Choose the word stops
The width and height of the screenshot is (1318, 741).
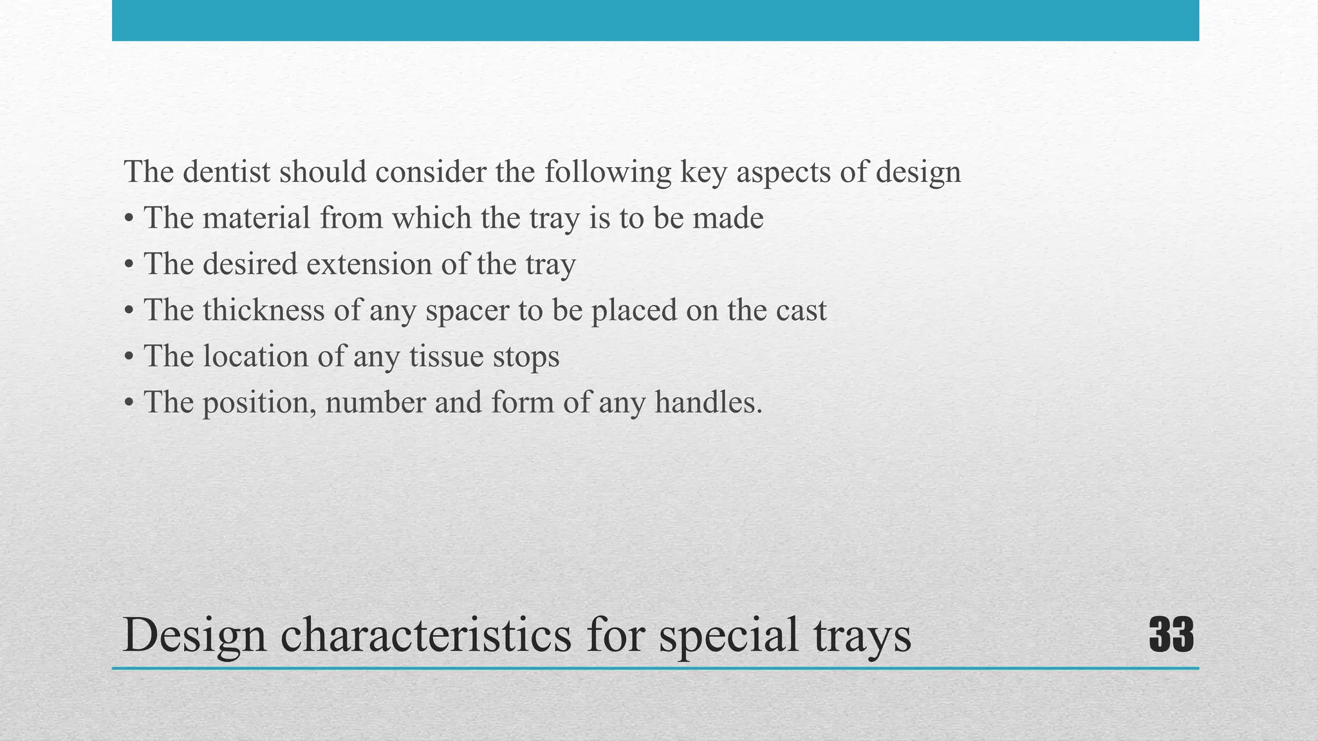[526, 358]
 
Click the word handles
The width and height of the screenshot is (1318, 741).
[708, 403]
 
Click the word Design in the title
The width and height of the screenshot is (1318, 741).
[194, 636]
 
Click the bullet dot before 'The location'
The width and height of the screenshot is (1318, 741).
[129, 358]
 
